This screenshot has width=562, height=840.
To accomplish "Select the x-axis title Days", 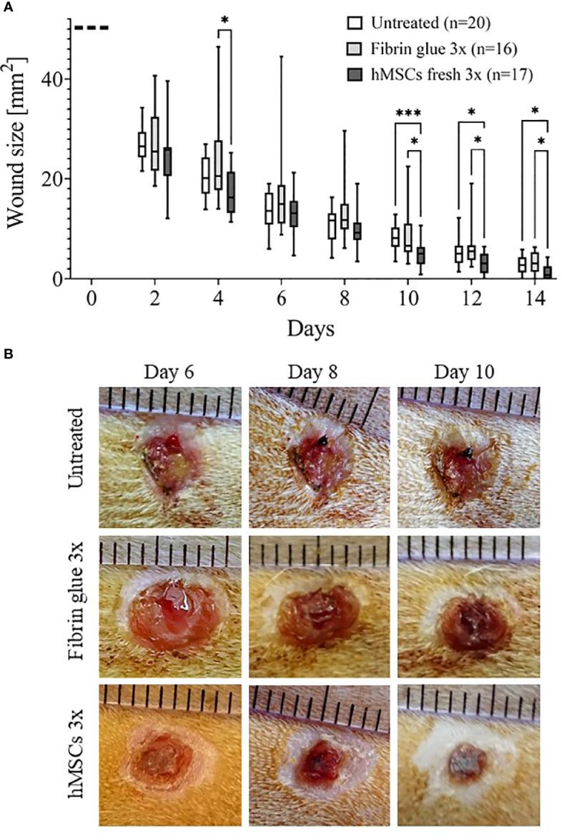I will pos(312,329).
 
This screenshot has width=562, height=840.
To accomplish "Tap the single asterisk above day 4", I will pos(225,19).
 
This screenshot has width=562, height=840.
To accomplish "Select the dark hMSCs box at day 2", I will pos(168,161).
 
